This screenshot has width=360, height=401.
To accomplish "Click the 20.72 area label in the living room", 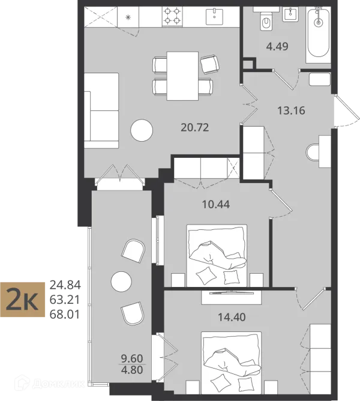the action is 195,127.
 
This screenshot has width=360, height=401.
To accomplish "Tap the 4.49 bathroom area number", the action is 277,47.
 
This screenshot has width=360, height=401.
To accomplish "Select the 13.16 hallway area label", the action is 291,110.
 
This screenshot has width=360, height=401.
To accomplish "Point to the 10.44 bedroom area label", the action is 216,204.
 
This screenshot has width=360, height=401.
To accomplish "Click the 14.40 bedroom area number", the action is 232,317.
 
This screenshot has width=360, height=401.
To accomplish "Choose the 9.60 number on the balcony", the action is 132,358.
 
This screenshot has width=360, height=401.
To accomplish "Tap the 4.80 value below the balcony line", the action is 132,370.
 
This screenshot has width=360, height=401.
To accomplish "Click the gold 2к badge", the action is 23,300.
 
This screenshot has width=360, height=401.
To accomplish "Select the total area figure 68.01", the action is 65,315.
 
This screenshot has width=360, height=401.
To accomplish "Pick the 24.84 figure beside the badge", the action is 65,285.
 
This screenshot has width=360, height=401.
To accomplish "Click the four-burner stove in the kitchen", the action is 172,16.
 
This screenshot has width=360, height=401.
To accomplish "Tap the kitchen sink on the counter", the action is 214,17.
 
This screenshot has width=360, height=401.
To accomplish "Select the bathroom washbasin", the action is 290,14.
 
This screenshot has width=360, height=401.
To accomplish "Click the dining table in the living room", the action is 182,76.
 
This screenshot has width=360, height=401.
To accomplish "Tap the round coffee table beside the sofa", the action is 142,130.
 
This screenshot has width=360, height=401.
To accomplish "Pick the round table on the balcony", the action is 121,282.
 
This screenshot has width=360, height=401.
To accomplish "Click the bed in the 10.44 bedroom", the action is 217,256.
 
